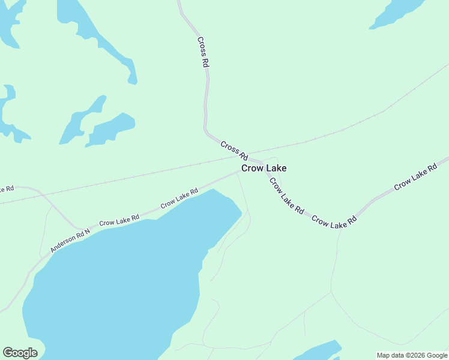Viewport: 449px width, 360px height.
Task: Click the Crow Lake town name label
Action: click(264, 169)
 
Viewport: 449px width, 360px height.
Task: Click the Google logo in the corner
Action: click(20, 353)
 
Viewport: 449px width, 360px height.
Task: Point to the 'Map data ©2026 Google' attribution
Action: click(412, 355)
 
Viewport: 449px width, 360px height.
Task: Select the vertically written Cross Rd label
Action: click(203, 52)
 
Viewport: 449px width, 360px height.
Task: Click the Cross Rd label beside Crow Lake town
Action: click(234, 150)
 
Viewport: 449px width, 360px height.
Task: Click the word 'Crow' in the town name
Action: click(251, 169)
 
